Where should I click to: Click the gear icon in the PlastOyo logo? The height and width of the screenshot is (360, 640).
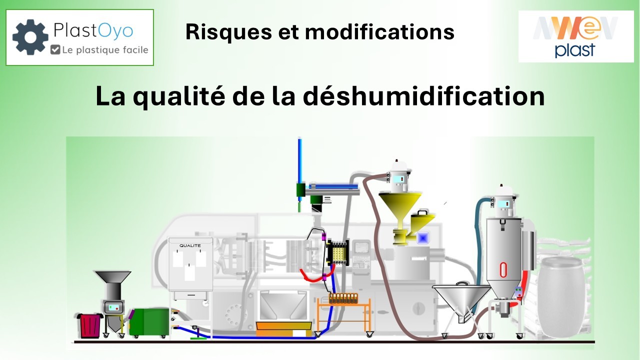coord(30,37)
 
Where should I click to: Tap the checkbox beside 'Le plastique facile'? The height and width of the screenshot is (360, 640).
coord(55,49)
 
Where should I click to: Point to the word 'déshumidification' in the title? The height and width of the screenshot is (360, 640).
coord(423,95)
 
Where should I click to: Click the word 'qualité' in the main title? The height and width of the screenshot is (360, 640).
coord(179,96)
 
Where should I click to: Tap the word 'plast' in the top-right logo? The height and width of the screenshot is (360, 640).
coord(575,50)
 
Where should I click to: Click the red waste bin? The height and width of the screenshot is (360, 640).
coord(90,325)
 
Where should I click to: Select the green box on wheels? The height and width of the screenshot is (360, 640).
coord(149,322)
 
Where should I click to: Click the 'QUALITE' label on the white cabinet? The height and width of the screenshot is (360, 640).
coord(190,245)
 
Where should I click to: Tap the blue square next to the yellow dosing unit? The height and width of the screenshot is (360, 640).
coord(423,238)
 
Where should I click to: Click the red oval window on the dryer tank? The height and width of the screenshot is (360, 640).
coord(503,270)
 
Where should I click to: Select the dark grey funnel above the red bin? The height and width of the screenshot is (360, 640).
coord(113,277)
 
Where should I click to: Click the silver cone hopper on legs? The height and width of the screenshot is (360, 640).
coord(461,303)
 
